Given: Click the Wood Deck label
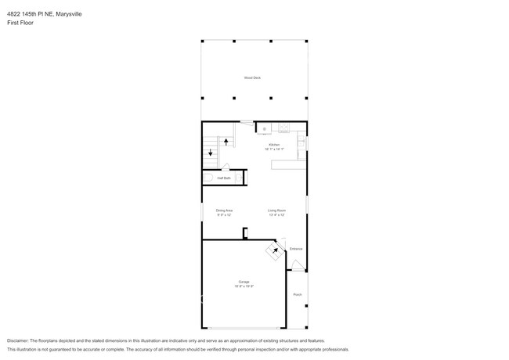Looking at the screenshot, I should pyautogui.click(x=252, y=77).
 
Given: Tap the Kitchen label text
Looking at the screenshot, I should pyautogui.click(x=274, y=145).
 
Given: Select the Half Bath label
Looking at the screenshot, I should pyautogui.click(x=224, y=178).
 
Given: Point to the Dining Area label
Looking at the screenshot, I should pyautogui.click(x=224, y=210).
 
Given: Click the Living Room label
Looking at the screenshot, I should pyautogui.click(x=276, y=210).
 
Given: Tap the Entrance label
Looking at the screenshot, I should pyautogui.click(x=296, y=249).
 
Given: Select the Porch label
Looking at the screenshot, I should pyautogui.click(x=297, y=294).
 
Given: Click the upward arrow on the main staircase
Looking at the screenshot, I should pyautogui.click(x=227, y=142).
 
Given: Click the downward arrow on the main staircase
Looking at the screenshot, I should pyautogui.click(x=210, y=153).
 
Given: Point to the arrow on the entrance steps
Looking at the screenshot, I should pyautogui.click(x=275, y=250).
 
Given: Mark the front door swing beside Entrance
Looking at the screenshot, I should pyautogui.click(x=298, y=265).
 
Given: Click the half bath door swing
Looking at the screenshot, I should pyautogui.click(x=226, y=166).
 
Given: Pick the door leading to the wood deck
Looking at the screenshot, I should pyautogui.click(x=247, y=122).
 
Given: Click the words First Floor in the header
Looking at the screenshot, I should pyautogui.click(x=20, y=23).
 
